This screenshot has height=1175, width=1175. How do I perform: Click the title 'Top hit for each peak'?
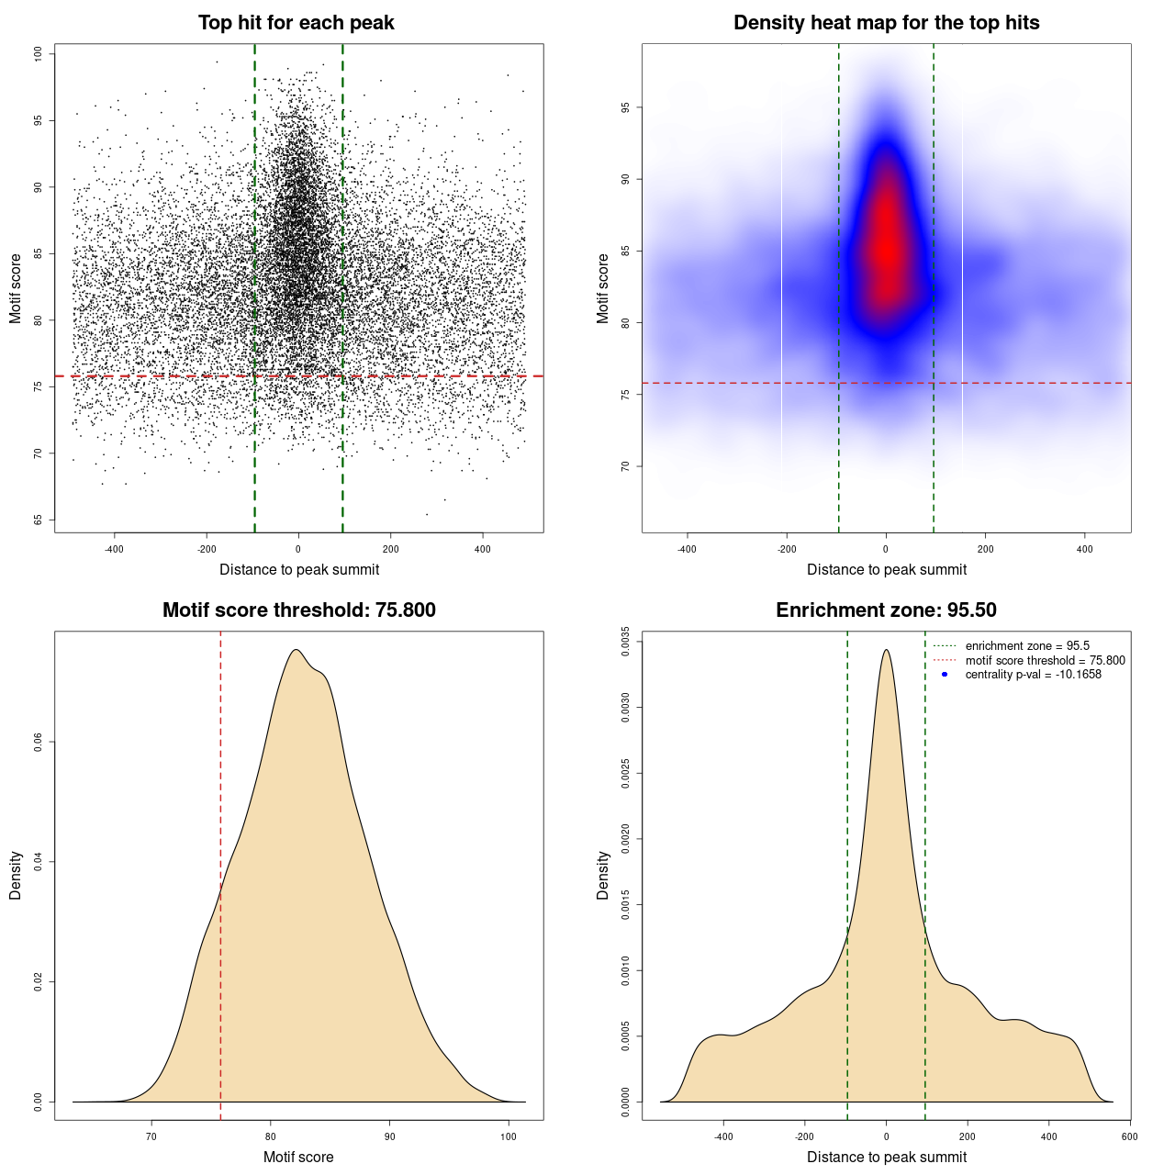[296, 23]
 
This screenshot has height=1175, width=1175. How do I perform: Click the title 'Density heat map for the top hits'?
[886, 23]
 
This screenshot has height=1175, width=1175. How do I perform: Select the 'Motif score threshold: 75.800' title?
[298, 610]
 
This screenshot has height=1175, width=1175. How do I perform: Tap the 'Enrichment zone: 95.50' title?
[886, 610]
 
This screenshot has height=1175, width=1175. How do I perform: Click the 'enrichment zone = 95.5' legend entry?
[1027, 646]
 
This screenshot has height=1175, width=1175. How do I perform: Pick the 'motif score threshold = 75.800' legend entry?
[1045, 660]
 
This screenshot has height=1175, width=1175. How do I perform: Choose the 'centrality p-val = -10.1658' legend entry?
[1033, 675]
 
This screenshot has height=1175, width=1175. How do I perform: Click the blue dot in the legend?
[945, 675]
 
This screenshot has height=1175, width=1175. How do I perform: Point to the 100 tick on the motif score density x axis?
[509, 1136]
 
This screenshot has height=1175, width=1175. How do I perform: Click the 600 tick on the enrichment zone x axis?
[1129, 1136]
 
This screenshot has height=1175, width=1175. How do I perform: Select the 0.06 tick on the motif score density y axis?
[38, 742]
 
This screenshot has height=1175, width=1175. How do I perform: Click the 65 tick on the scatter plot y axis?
[38, 520]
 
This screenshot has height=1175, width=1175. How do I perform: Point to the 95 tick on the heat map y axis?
[625, 107]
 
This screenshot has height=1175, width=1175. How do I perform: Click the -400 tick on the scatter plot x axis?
[114, 549]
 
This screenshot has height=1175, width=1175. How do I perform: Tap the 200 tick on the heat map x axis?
[985, 549]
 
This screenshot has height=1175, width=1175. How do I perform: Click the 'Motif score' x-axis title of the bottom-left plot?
[298, 1157]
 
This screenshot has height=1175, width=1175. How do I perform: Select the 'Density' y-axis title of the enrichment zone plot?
[603, 875]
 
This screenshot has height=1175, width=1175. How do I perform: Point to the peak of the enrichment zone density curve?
[886, 651]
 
